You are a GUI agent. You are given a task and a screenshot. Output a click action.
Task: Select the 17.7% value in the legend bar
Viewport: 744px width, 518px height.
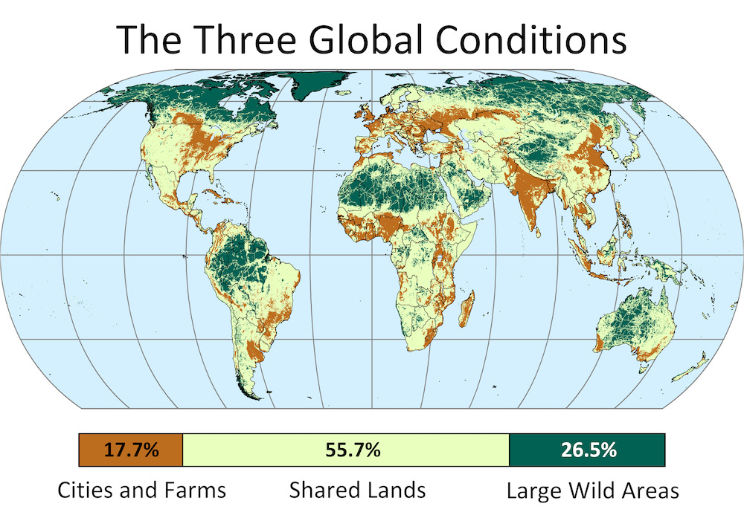click(x=131, y=450)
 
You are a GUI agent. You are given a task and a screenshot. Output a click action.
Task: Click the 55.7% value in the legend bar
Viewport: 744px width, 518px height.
click(x=346, y=450)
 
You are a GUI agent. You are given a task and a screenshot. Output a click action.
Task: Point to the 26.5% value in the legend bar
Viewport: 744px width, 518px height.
click(x=587, y=450)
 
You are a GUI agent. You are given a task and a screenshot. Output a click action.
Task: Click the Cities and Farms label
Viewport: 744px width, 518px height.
click(x=142, y=490)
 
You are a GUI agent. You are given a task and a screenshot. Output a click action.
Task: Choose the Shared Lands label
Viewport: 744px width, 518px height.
click(x=357, y=490)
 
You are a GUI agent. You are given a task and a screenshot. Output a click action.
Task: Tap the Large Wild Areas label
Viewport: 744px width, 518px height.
click(x=593, y=490)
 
